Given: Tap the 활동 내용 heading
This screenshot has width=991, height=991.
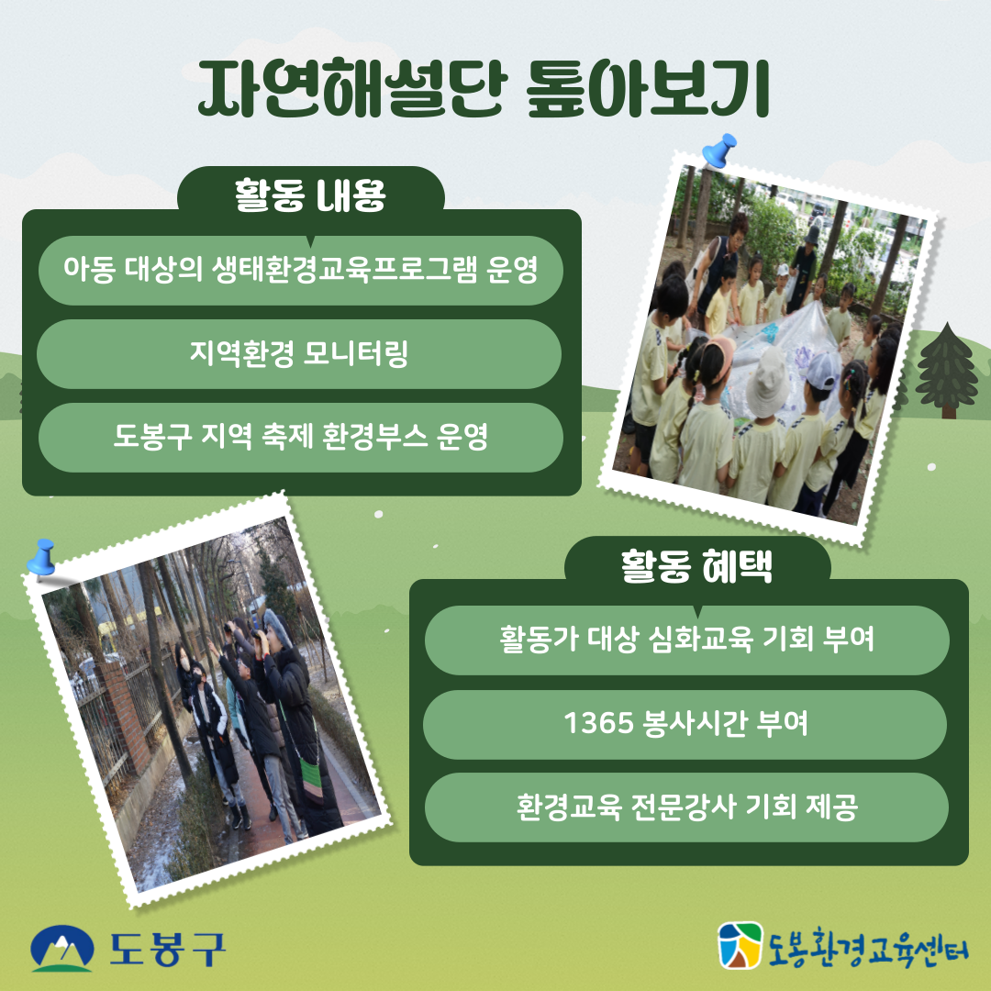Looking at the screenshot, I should (310, 195).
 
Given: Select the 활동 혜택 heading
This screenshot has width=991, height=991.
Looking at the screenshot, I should (696, 566).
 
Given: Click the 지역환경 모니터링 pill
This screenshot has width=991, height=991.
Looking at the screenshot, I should (299, 354).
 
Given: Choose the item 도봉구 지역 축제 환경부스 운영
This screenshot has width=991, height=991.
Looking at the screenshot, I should (299, 437).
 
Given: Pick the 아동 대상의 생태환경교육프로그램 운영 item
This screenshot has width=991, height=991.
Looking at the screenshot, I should (299, 271).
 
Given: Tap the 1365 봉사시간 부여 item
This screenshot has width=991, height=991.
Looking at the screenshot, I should (685, 724).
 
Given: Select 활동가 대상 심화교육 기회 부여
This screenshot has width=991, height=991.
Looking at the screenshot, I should (685, 640).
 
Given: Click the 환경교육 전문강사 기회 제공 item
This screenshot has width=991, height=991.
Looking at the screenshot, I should (685, 807).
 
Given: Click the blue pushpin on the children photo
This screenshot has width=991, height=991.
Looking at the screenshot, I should (718, 150).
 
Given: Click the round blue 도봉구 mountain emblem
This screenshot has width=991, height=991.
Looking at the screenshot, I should (62, 949).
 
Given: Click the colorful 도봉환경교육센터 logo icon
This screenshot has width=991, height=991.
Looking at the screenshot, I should (740, 946).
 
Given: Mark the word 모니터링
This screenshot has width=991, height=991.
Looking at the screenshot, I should (355, 354).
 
